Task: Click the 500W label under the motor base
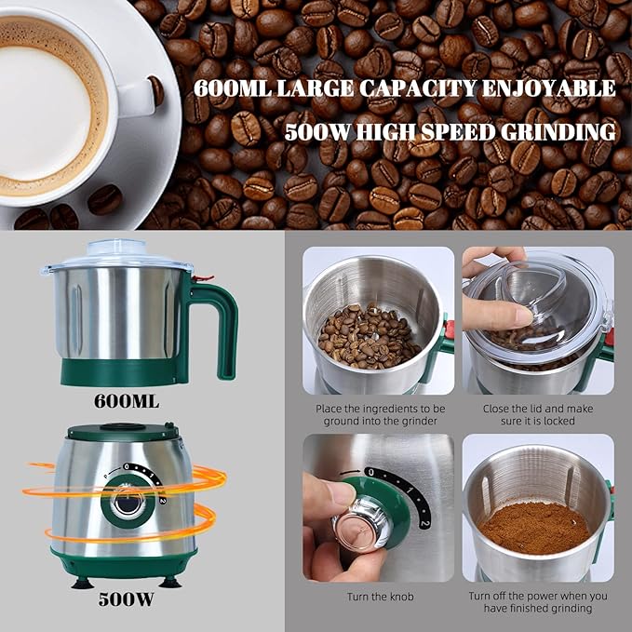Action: coord(126,599)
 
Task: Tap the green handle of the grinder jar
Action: coord(222,327)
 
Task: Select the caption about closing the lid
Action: coord(538,414)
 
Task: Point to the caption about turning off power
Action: coord(538,601)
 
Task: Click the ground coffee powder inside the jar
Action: coord(535,527)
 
